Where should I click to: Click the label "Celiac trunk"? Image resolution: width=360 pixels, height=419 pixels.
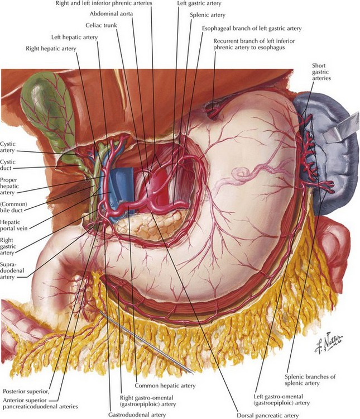point(101,25)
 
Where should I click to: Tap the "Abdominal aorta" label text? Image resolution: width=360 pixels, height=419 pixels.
point(111,13)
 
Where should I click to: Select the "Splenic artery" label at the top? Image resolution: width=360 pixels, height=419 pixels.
point(208,15)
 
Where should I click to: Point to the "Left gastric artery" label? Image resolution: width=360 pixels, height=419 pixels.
point(199,3)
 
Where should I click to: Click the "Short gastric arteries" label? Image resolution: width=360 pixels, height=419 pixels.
point(321,72)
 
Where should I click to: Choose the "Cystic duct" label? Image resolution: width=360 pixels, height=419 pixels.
point(8,165)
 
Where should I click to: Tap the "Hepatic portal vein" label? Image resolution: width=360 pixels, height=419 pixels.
point(13,225)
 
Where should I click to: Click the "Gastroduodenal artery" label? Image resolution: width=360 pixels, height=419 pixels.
point(137,415)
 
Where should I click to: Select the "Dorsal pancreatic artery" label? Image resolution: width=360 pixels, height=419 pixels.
point(267,416)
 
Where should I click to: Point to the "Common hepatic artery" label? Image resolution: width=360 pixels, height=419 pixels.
point(165,385)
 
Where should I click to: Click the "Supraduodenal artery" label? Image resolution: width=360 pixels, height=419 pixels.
point(12,270)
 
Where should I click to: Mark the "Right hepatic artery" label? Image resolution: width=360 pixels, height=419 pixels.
point(51,49)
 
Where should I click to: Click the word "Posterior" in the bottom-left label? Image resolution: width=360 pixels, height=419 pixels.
point(14,392)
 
